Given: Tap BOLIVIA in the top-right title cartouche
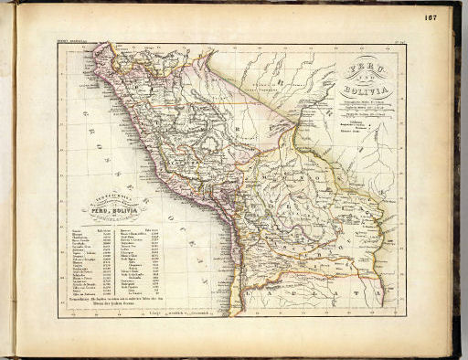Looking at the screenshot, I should tap(363, 90).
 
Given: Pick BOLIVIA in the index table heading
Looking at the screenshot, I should tap(124, 211).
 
